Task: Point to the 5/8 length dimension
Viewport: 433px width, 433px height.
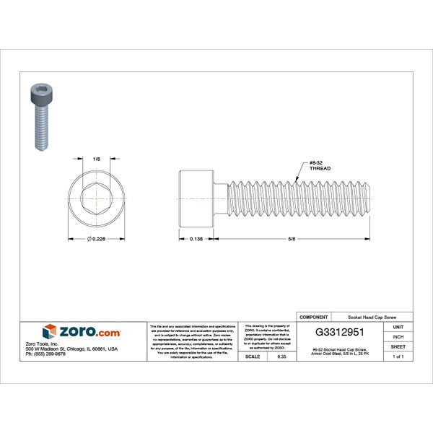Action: click(292, 239)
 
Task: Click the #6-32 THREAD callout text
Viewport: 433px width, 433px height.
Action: click(319, 165)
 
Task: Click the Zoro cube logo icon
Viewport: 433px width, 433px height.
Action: click(50, 332)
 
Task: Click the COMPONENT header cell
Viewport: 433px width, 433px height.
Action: click(314, 317)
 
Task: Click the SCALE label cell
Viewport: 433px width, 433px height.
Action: click(253, 357)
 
